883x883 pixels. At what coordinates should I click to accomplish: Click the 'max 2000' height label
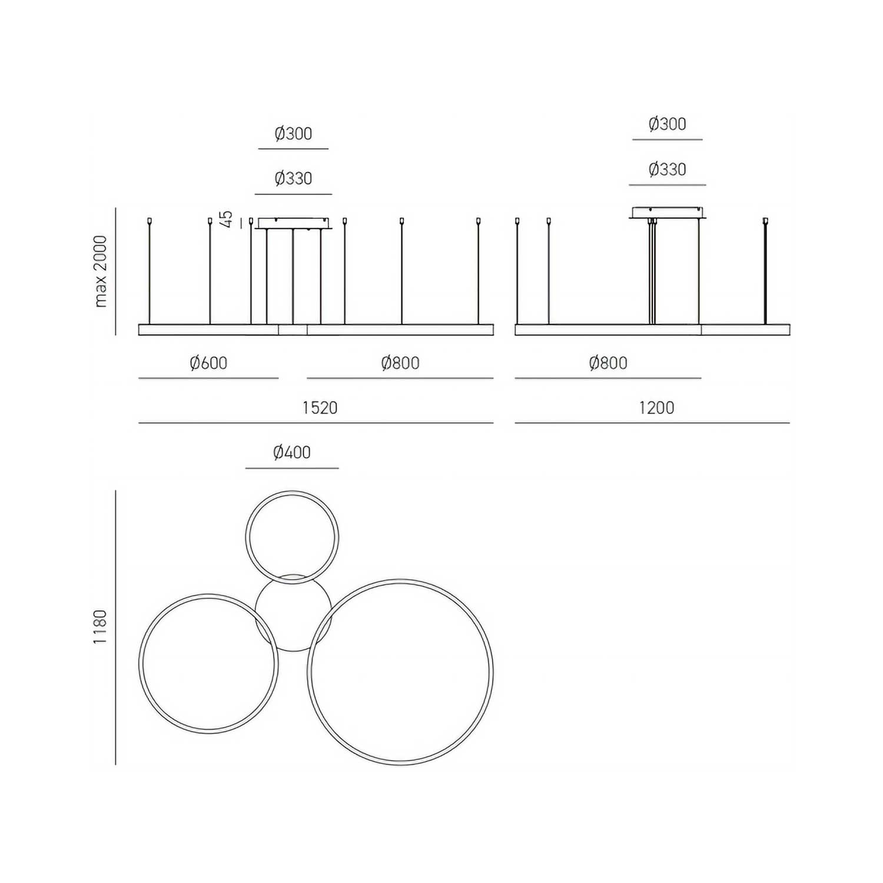[101, 271]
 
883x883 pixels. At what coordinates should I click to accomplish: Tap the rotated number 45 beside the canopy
[227, 219]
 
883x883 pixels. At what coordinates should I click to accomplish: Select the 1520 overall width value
[320, 407]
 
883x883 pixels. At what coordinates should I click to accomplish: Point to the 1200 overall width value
[656, 407]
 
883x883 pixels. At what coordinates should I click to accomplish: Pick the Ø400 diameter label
[292, 452]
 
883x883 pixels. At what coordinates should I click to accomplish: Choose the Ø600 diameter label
[208, 363]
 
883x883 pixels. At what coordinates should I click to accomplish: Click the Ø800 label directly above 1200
[608, 363]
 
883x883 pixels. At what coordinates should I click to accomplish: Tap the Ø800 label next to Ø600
[400, 363]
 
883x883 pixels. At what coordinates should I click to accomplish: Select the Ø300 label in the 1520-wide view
[293, 134]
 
